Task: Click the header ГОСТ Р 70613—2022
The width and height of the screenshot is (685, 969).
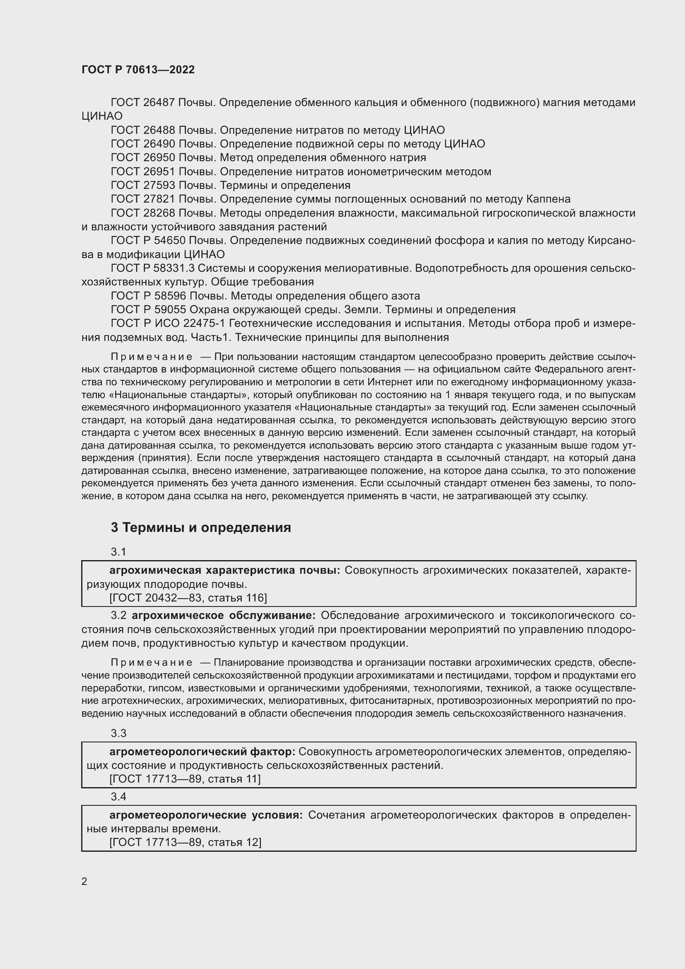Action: (x=138, y=70)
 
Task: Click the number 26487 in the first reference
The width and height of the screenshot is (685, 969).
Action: (x=159, y=102)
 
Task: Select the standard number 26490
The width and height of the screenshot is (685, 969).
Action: (x=159, y=144)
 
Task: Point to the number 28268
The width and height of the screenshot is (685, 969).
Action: (x=159, y=213)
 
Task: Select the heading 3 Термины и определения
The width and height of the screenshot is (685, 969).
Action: (x=201, y=527)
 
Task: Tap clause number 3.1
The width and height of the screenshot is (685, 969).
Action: (x=118, y=551)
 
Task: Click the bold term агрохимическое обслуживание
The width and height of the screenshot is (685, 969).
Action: (x=224, y=615)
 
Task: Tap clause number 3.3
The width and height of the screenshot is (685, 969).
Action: (x=118, y=733)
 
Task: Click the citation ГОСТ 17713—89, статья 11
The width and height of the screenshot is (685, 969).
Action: (x=185, y=779)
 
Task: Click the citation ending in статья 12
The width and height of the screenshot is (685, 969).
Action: (x=185, y=842)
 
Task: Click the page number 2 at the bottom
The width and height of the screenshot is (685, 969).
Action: (x=84, y=881)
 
